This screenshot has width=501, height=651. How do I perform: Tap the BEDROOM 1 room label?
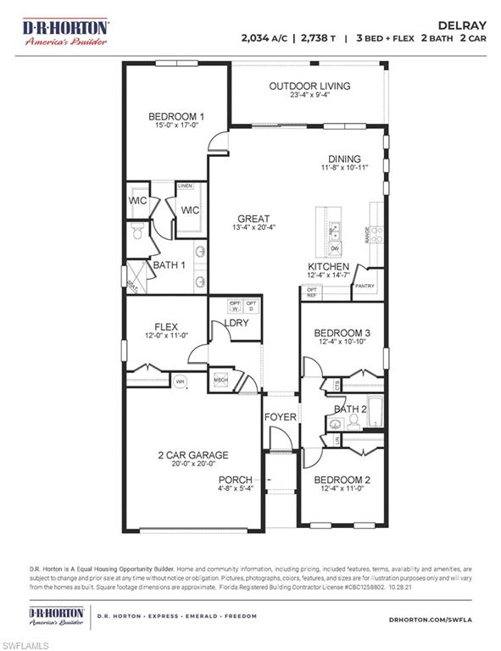point(176,117)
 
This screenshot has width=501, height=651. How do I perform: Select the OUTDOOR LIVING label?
point(309,86)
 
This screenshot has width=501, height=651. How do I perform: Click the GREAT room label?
point(253,217)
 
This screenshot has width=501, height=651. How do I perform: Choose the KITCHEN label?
point(328,266)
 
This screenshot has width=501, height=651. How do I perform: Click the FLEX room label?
point(164,326)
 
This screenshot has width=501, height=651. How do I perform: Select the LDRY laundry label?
point(237,324)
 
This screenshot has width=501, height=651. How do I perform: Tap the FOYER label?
point(280,417)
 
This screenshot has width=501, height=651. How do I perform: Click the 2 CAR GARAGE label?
point(192,455)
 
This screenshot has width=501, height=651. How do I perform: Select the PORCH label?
point(236,480)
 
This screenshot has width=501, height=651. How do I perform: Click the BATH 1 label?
point(169,265)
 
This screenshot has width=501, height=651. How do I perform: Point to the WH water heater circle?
point(180,382)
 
